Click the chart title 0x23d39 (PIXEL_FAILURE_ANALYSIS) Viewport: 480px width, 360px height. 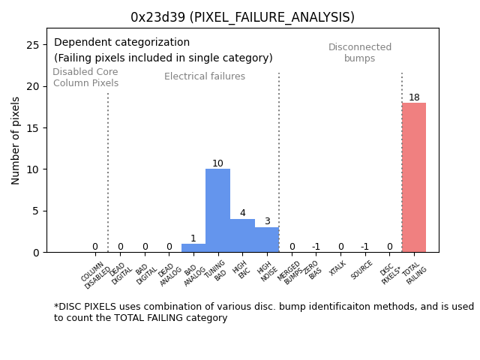coord(242,17)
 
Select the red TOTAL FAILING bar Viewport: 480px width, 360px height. coord(414,178)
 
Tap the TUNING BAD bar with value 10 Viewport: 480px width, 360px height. coord(217,211)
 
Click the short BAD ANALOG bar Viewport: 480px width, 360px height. coord(193,248)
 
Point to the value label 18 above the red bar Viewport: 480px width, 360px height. coord(414,97)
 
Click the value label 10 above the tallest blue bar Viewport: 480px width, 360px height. coord(217,163)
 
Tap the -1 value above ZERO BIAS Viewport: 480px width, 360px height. coord(316,247)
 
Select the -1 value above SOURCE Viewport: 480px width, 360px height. coord(364,247)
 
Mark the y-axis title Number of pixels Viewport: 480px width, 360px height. coord(16,140)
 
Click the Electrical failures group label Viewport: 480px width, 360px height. coord(205,76)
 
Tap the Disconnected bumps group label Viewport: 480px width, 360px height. coord(360,52)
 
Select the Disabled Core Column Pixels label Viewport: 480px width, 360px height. coord(85,77)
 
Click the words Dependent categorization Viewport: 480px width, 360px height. coord(121,43)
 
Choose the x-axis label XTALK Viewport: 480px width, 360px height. coord(338,268)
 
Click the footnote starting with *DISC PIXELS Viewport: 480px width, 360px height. coord(263,312)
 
